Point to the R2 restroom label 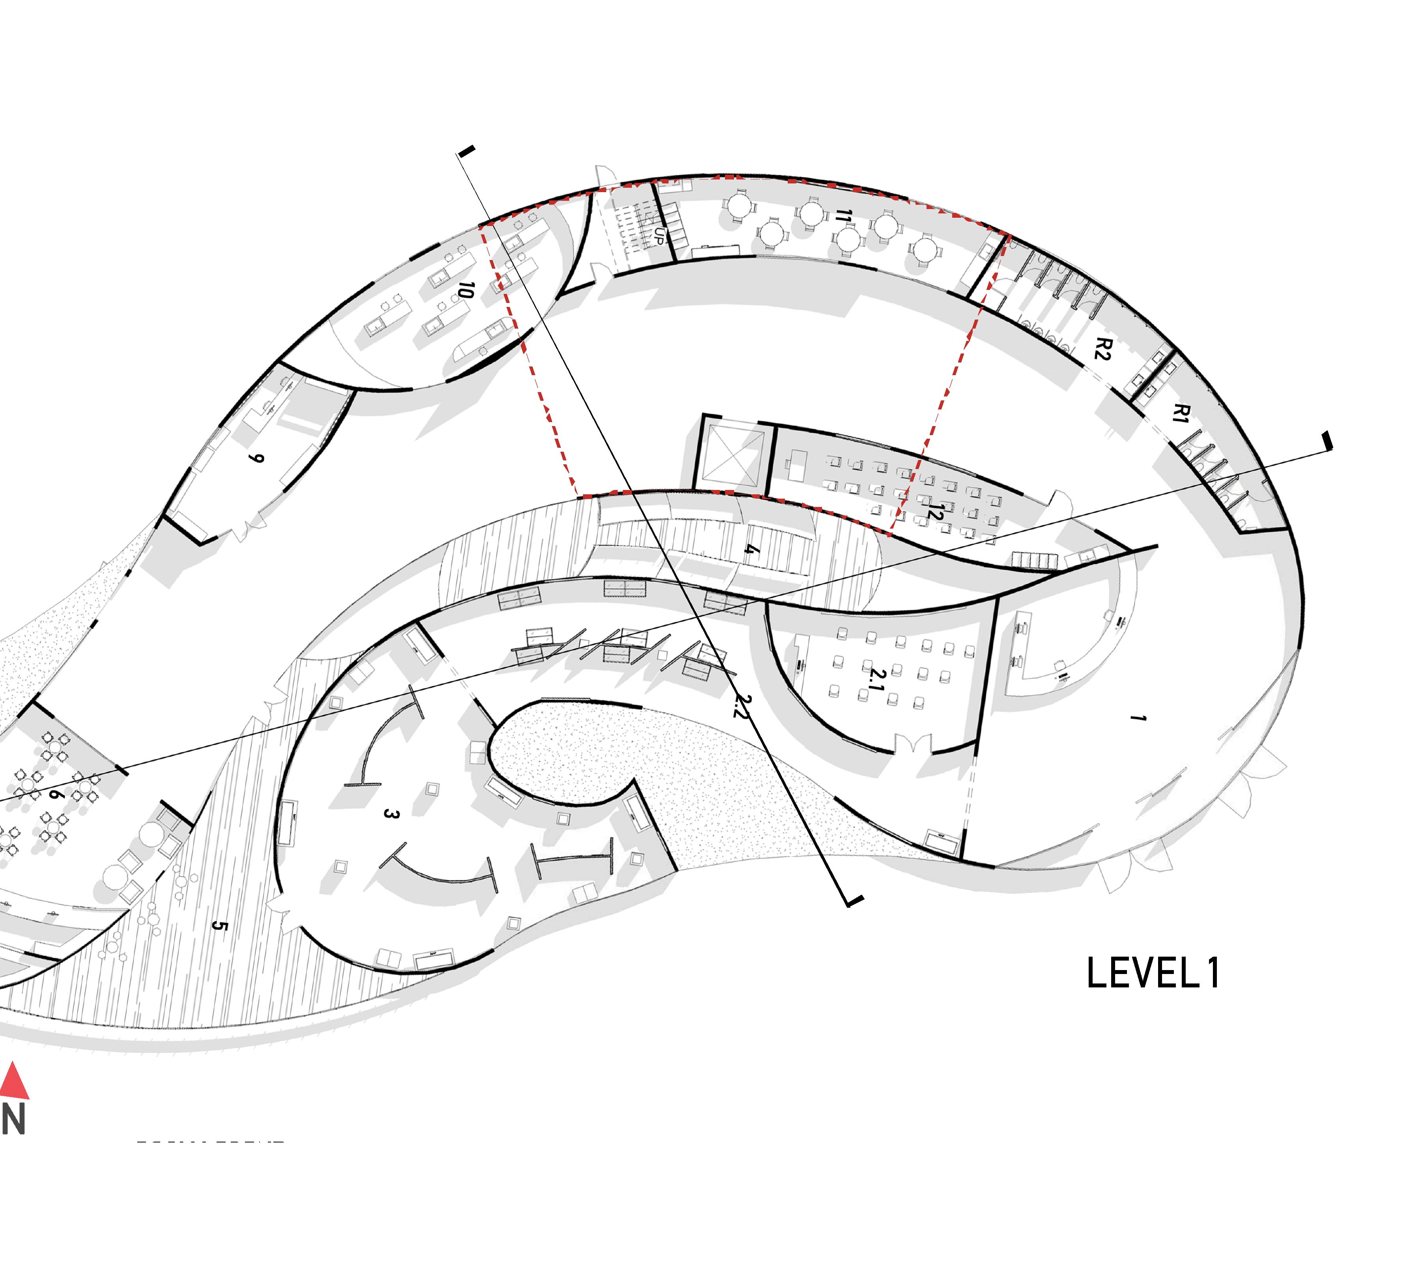click(1102, 348)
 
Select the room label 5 click(219, 926)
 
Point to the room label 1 click(1138, 718)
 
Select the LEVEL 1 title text click(1153, 973)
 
